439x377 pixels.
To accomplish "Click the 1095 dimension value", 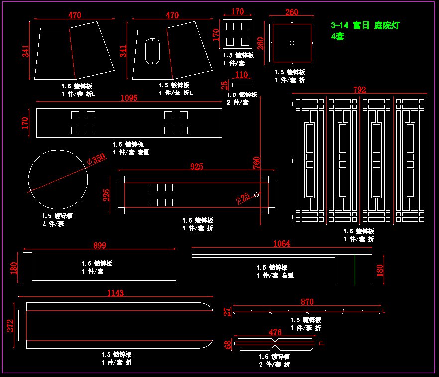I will tap(129, 98).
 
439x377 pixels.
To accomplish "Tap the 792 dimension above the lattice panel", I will tap(360, 90).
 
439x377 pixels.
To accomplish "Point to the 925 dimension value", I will tap(197, 167).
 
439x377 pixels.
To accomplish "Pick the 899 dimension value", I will tap(100, 245).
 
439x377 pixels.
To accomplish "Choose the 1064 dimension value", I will tap(282, 244).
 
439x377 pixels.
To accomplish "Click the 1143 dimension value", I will tap(115, 293).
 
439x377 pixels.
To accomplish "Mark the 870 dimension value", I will tap(307, 302).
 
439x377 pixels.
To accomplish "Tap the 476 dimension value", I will tap(275, 332).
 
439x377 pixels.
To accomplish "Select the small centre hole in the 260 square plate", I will tap(292, 43).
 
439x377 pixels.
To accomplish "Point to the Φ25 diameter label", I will tap(243, 198).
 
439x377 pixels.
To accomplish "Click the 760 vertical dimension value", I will tap(257, 163).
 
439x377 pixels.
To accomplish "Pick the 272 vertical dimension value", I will tap(10, 326).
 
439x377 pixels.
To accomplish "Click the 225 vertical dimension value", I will tap(106, 195).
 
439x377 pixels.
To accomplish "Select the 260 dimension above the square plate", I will tap(292, 12).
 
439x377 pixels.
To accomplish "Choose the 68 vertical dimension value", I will tap(228, 344).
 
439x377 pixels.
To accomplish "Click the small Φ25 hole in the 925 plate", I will tap(256, 194).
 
